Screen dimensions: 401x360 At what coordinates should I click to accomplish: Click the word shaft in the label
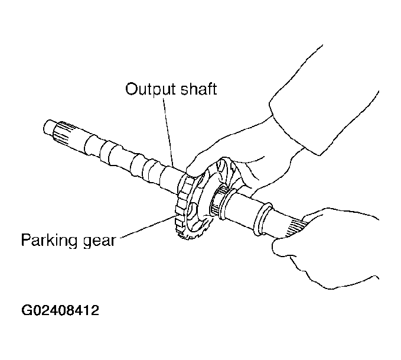(x=199, y=89)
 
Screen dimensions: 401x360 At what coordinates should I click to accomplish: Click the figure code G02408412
(x=60, y=310)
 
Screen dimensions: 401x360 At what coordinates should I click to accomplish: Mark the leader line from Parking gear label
(x=148, y=227)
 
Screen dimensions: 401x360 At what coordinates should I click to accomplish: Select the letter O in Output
(x=133, y=89)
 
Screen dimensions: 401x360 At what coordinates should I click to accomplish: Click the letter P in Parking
(x=26, y=239)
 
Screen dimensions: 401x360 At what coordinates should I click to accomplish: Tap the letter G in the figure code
(x=27, y=310)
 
